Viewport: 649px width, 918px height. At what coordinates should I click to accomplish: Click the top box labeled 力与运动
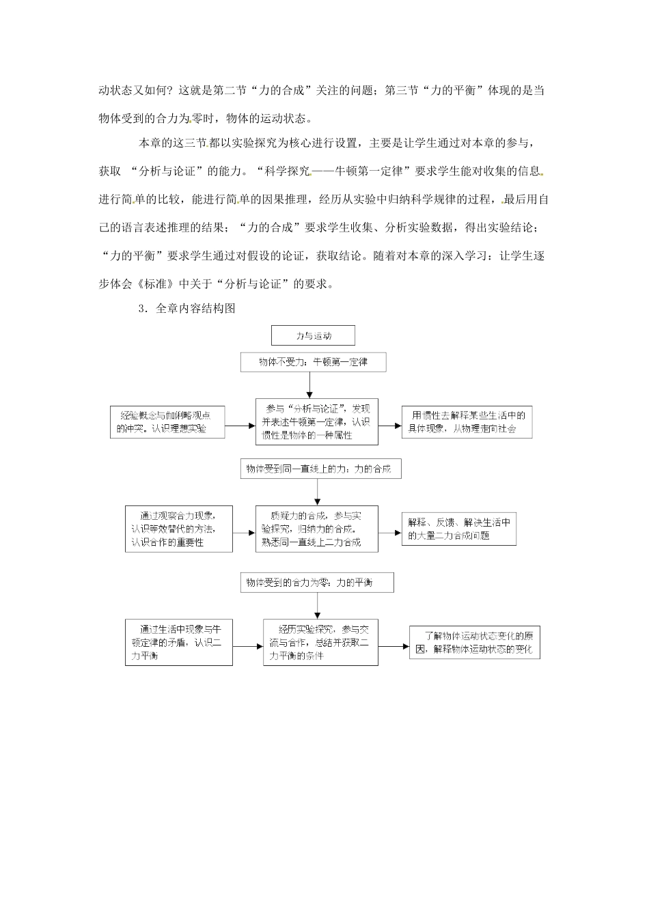313,335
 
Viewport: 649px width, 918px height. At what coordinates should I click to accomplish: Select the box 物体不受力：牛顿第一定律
313,362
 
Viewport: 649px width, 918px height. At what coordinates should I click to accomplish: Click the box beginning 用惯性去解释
467,422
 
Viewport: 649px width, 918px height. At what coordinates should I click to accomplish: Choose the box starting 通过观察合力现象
178,529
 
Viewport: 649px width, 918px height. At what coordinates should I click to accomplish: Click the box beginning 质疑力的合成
316,529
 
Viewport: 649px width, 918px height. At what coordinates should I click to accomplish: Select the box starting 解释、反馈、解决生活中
458,529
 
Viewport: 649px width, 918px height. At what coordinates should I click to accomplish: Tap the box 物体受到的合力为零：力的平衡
316,583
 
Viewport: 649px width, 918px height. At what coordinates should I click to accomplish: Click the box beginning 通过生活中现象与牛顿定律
178,642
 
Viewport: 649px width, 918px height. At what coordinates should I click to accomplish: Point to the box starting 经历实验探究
320,642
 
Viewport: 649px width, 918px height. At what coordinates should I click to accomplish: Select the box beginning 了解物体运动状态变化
474,643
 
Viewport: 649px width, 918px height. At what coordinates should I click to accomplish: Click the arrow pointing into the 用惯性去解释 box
389,426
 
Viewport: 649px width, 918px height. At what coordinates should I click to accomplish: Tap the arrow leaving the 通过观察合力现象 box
244,532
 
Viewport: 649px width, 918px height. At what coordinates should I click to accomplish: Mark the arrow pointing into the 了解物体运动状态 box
393,645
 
